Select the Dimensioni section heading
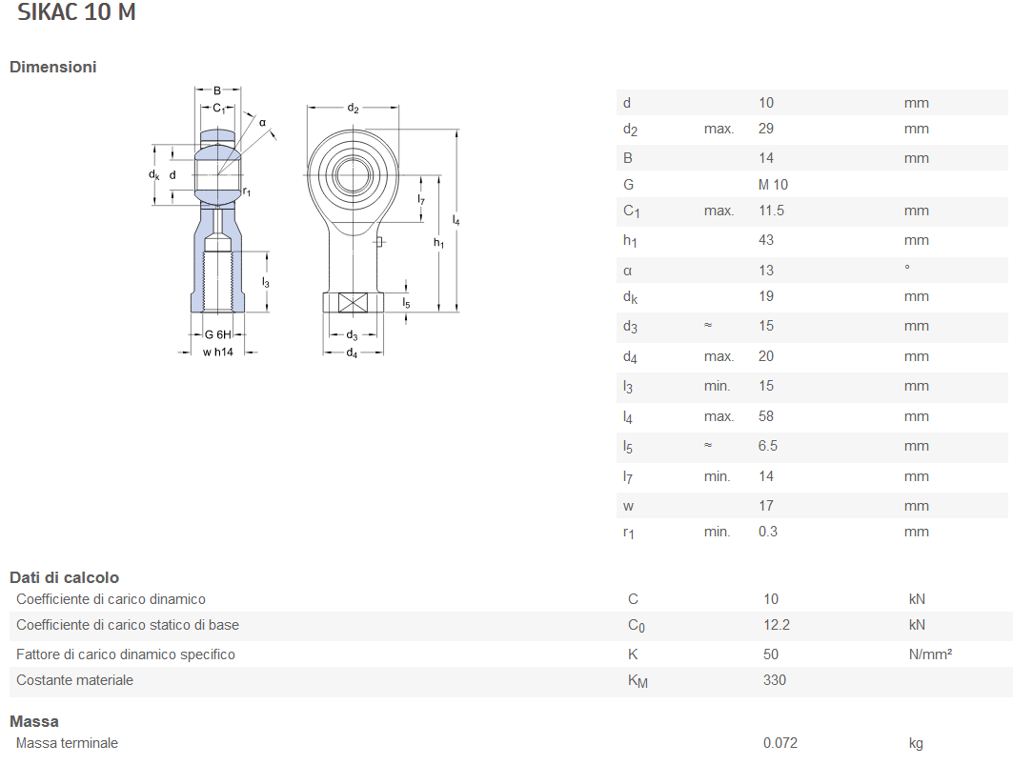point(53,67)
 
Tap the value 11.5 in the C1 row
point(771,211)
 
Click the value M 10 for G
point(773,185)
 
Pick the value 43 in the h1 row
point(766,240)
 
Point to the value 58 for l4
point(766,416)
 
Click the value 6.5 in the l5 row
point(768,446)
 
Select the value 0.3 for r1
point(768,532)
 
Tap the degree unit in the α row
point(907,269)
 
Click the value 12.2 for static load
point(776,625)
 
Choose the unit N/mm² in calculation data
point(931,654)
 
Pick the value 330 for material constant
point(775,680)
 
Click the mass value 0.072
point(780,743)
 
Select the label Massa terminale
point(67,743)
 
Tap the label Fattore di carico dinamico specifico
point(126,654)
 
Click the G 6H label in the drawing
point(218,334)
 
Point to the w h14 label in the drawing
point(217,352)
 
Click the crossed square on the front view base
point(353,304)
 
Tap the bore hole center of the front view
point(354,172)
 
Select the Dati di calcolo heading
point(65,577)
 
